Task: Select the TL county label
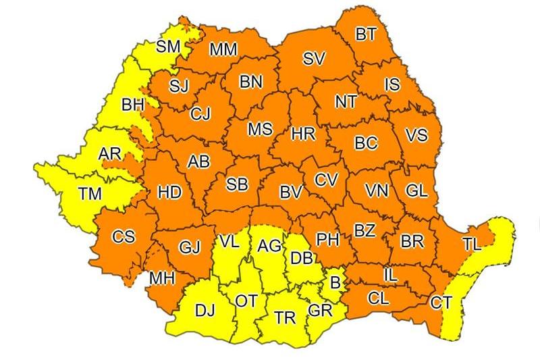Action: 473,245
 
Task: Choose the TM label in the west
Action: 89,195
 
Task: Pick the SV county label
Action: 314,59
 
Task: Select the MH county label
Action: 161,278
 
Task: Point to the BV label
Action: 290,193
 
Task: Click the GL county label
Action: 416,190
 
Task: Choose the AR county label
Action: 109,154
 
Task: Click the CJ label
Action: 200,113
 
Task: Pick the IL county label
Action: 391,276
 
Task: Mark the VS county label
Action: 416,135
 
